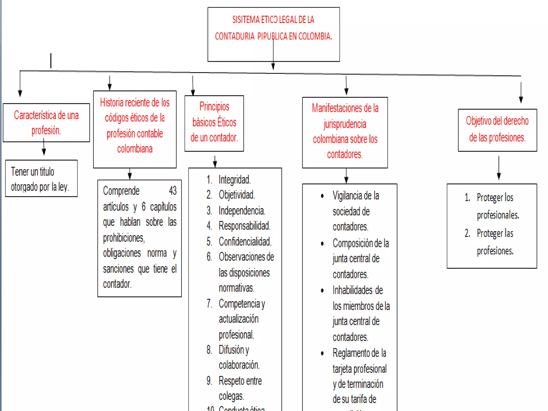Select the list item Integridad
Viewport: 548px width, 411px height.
[234, 180]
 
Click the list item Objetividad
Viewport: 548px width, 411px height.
[237, 195]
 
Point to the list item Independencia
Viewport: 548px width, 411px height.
[242, 211]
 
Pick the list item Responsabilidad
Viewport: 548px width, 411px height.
[244, 226]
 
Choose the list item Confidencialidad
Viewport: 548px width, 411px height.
[245, 241]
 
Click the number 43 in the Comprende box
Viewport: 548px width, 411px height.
[173, 191]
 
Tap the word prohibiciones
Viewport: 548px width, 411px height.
[124, 238]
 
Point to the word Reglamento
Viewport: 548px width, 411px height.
[352, 353]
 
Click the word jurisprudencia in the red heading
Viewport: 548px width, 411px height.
[345, 124]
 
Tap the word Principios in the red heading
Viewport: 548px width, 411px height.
[214, 106]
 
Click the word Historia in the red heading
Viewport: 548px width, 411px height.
[112, 102]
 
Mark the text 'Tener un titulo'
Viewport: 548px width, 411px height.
[32, 172]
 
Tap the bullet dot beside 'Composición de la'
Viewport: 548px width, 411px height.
[322, 243]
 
